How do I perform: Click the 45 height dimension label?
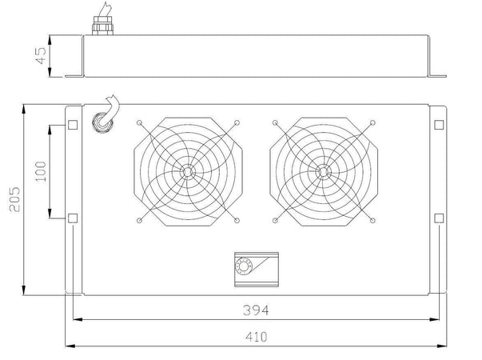[x=41, y=55]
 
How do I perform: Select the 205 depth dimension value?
[x=14, y=199]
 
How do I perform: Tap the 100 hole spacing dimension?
[x=41, y=171]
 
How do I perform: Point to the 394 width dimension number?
[x=256, y=310]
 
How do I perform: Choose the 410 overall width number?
[x=257, y=337]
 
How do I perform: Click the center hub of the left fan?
[x=188, y=172]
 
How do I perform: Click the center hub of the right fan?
[x=324, y=172]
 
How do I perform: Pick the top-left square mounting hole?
[x=73, y=125]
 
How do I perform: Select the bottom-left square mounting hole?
[x=73, y=218]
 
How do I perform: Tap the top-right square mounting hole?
[x=439, y=125]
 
